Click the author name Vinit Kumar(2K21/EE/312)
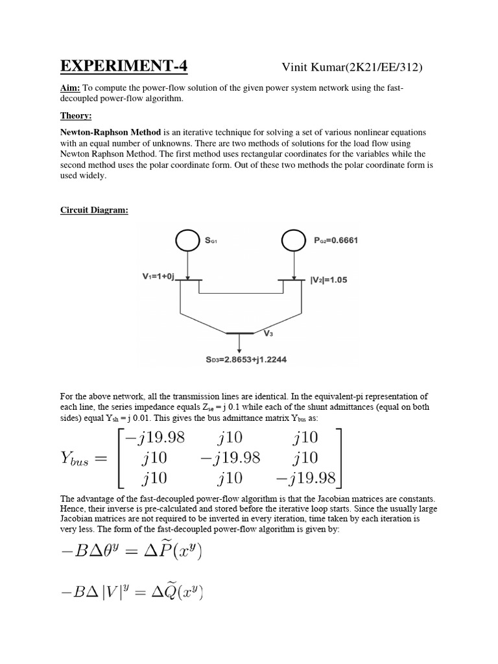[x=353, y=68]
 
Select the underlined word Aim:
[x=70, y=88]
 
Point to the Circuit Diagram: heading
[x=95, y=211]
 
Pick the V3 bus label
[x=268, y=333]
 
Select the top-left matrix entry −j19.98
[x=156, y=438]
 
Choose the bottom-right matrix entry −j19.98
[x=307, y=479]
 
